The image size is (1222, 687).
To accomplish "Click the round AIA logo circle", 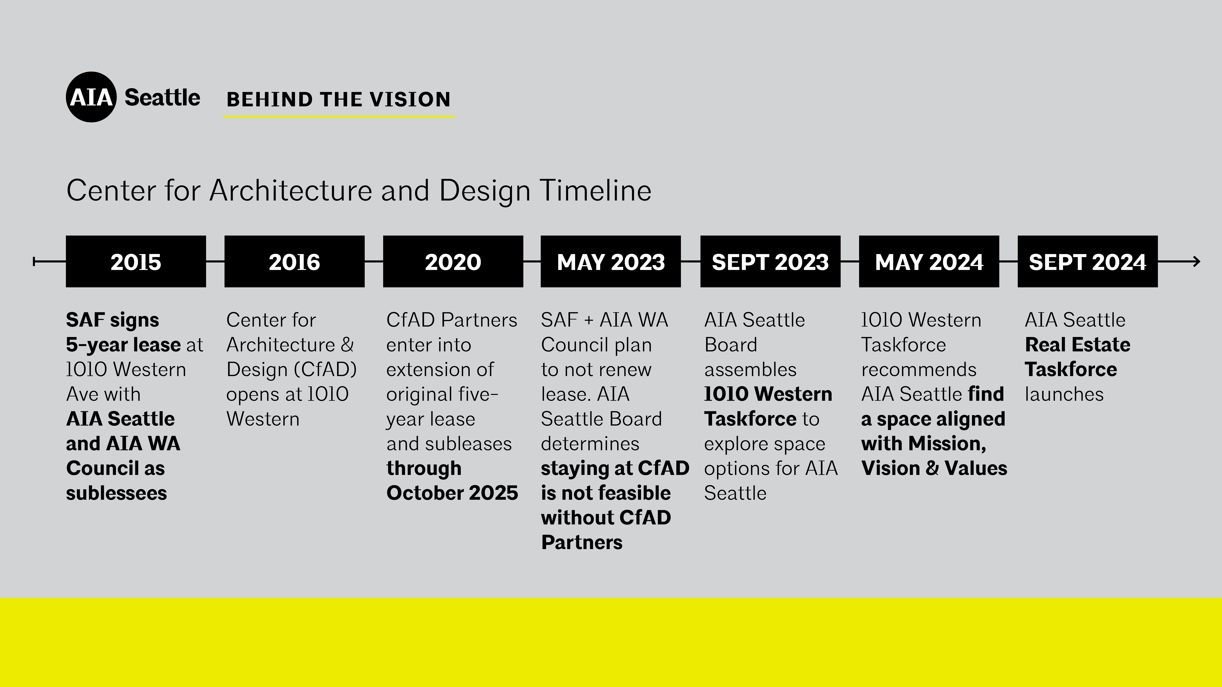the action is coord(91,97).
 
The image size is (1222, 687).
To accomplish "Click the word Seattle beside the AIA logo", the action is coord(162,98).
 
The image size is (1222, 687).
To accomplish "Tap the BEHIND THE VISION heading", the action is coord(339,100).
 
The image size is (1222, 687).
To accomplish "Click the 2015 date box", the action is coord(136,261).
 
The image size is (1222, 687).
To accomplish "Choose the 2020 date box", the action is coord(453,261).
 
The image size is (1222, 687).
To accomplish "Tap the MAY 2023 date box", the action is coord(610,261).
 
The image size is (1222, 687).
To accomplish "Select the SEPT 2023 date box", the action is coord(770,261).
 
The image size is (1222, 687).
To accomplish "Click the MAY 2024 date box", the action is coord(929,261).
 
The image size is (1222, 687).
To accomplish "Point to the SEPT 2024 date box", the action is coord(1088,261).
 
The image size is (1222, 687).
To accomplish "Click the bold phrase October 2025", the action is coord(452,493).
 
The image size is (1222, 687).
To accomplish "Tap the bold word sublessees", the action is coord(116,493).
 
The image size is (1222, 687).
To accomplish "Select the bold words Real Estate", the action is coord(1077,345).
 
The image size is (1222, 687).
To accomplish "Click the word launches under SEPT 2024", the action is coord(1064,394).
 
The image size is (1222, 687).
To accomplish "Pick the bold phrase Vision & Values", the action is coord(934,468).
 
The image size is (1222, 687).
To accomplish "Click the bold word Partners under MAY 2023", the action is coord(582,542).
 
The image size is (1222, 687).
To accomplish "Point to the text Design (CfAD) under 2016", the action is coord(291,370).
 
